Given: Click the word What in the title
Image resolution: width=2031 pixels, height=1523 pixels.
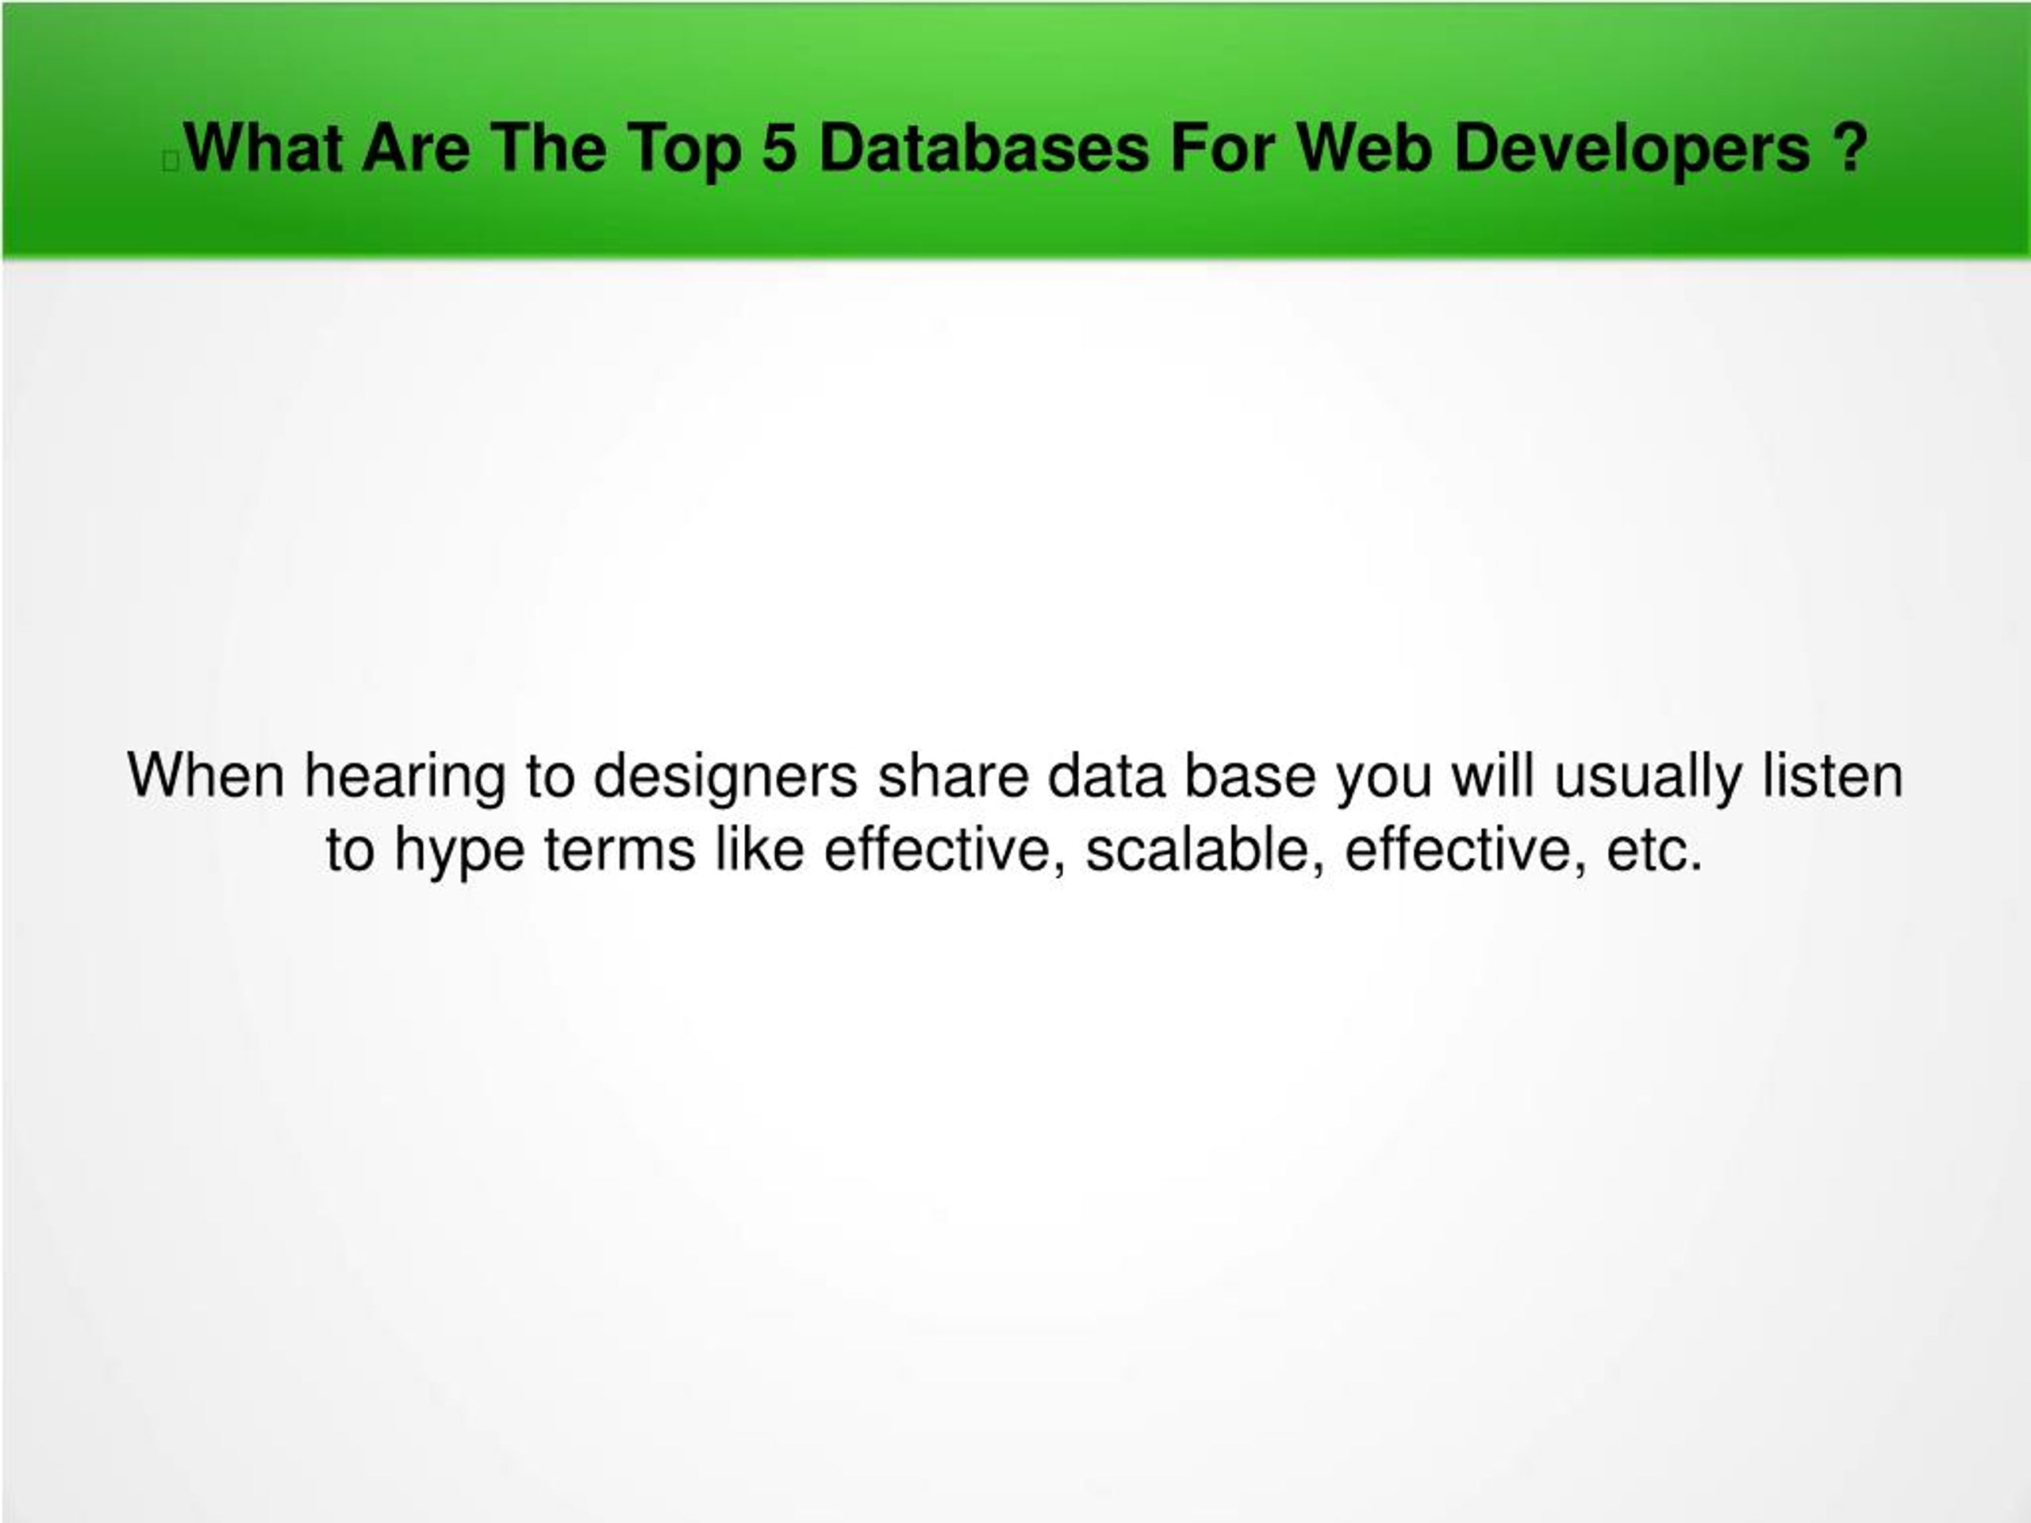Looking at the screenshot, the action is point(263,148).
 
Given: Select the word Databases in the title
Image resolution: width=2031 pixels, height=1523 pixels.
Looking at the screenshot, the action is point(983,148).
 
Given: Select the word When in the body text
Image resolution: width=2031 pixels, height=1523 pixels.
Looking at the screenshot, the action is point(206,776).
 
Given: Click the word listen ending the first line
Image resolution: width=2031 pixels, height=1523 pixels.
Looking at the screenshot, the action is point(1832,776).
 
